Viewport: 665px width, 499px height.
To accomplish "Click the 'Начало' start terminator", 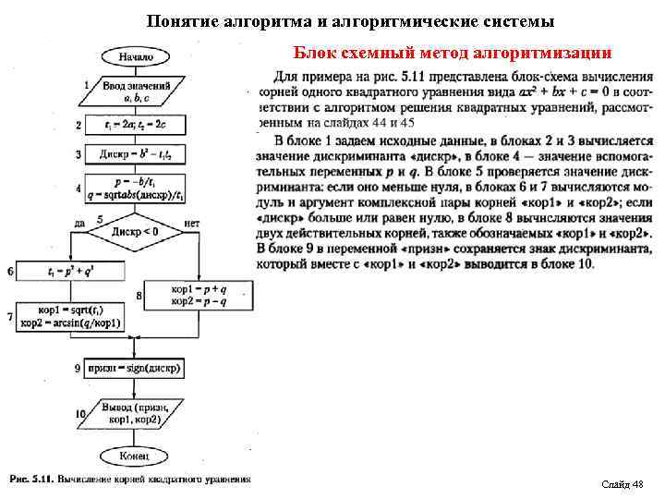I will coord(136,57).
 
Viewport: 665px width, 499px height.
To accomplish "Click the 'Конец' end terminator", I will coord(135,455).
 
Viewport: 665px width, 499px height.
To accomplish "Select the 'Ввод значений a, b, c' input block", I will coord(135,90).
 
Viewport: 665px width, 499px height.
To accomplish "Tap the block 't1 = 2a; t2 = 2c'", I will coord(135,124).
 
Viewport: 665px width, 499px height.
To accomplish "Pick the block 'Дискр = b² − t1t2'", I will coord(135,153).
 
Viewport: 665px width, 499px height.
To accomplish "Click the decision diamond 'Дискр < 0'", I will coord(135,231).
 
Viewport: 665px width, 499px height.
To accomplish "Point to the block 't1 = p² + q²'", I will coord(63,272).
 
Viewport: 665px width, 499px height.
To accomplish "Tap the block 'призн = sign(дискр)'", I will coord(135,368).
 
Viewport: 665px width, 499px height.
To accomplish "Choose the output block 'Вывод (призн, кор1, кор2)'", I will coord(135,412).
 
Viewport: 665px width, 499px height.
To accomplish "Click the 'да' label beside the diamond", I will coord(79,223).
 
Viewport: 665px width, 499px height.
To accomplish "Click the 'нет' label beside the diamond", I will coord(192,223).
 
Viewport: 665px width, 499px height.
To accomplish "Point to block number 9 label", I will coord(79,368).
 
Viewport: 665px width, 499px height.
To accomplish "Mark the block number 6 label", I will coord(10,272).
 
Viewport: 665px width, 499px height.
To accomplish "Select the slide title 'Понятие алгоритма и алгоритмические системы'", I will coord(350,19).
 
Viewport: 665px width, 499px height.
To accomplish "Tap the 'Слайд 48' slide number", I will coord(622,484).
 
